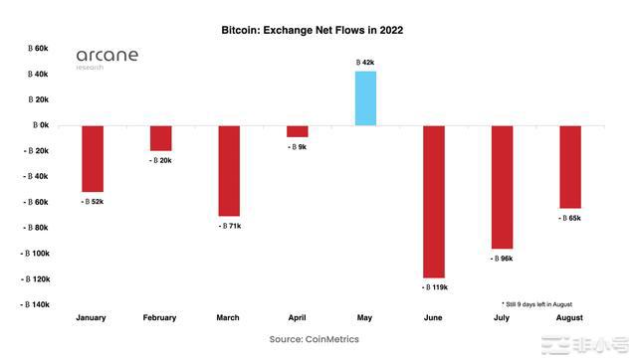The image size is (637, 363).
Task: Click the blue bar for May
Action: [365, 98]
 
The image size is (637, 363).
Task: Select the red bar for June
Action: [433, 201]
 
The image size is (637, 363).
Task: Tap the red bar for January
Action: [93, 158]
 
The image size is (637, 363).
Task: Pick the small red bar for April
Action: [297, 131]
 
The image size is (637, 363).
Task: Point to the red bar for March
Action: [229, 170]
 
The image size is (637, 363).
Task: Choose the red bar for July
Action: [502, 187]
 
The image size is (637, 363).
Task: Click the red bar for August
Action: [569, 166]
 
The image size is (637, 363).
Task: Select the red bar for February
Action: [160, 138]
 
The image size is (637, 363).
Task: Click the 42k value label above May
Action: [365, 63]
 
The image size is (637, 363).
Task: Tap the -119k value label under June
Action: [434, 287]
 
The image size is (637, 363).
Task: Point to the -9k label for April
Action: [298, 146]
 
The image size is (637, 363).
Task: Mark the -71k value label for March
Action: [230, 226]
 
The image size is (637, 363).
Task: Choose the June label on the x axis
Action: [433, 318]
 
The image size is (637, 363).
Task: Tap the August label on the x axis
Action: [569, 318]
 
